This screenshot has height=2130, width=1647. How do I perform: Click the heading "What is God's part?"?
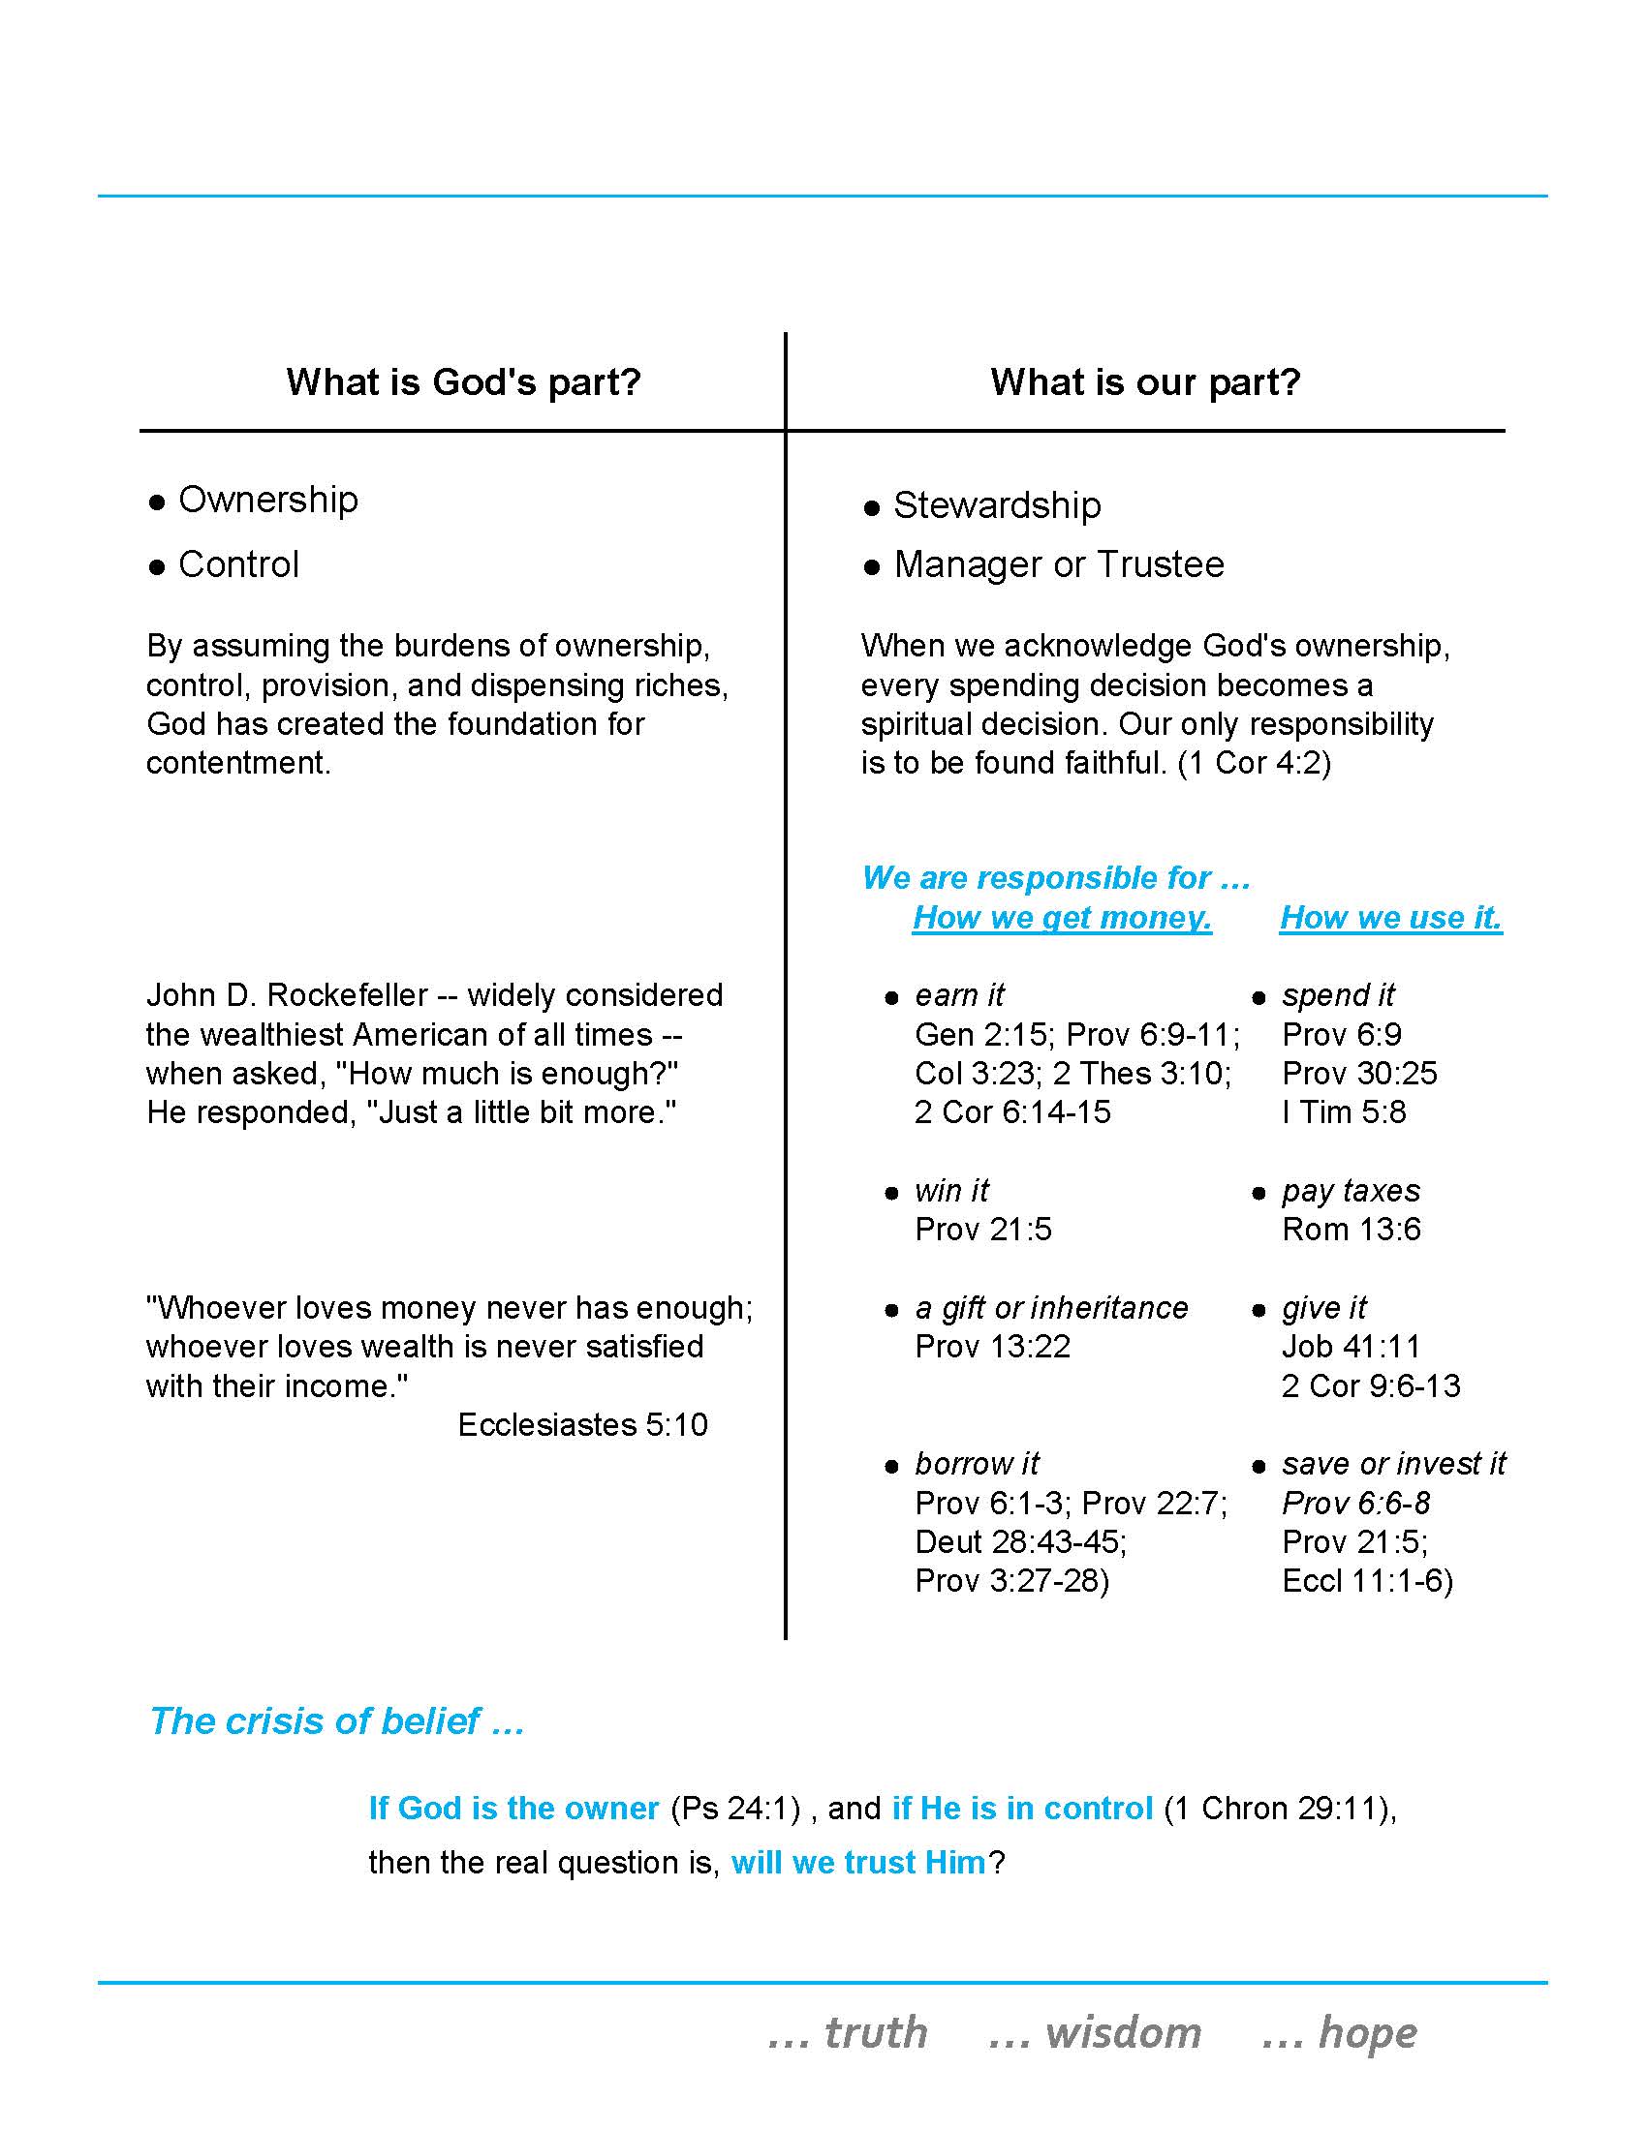tap(463, 381)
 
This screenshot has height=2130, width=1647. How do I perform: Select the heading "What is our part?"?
tap(1145, 381)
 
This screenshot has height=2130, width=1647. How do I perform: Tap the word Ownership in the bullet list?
tap(268, 500)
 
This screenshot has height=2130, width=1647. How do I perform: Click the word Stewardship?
tap(997, 505)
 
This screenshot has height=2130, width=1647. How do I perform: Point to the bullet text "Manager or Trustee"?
tap(1059, 564)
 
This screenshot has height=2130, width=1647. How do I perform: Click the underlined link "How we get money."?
tap(1062, 917)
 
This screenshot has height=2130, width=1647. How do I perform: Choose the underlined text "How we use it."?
tap(1390, 917)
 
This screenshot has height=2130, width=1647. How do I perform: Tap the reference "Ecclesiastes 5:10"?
tap(582, 1425)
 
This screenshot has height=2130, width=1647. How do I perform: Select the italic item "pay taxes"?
tap(1351, 1191)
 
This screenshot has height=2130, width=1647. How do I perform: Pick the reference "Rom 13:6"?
tap(1351, 1230)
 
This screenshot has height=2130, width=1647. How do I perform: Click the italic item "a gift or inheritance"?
tap(1051, 1308)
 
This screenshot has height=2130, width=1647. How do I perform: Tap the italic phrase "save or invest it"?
tap(1393, 1464)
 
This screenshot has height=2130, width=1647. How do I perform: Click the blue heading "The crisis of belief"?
tap(314, 1721)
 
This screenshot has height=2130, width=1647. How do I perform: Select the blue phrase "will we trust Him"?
tap(858, 1863)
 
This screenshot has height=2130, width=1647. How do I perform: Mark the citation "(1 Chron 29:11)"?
tap(1278, 1810)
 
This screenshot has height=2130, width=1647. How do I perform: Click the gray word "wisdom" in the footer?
tap(1122, 2033)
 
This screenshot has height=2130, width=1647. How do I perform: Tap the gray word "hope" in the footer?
tap(1366, 2033)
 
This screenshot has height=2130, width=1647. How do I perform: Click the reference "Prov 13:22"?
tap(992, 1347)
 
